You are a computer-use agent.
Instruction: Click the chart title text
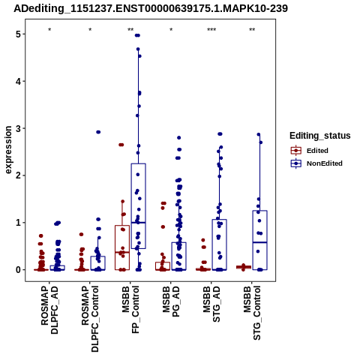pyautogui.click(x=151, y=8)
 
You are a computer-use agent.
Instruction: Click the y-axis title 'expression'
pyautogui.click(x=8, y=150)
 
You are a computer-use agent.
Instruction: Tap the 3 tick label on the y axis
pyautogui.click(x=19, y=128)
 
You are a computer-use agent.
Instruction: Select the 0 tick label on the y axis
pyautogui.click(x=19, y=270)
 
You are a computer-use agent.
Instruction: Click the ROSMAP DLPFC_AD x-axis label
pyautogui.click(x=49, y=310)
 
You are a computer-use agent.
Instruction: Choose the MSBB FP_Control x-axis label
pyautogui.click(x=130, y=310)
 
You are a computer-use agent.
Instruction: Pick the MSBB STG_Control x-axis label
pyautogui.click(x=252, y=313)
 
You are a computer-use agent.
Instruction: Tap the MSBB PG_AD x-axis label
pyautogui.click(x=171, y=301)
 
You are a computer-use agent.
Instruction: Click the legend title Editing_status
pyautogui.click(x=320, y=136)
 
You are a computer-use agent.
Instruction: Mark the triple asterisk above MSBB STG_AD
pyautogui.click(x=211, y=30)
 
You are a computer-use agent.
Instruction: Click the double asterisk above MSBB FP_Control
pyautogui.click(x=130, y=30)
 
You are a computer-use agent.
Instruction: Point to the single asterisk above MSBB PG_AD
pyautogui.click(x=171, y=30)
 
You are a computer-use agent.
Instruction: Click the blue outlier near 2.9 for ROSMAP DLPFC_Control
pyautogui.click(x=98, y=132)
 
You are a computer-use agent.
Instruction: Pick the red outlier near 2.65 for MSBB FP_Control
pyautogui.click(x=121, y=145)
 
